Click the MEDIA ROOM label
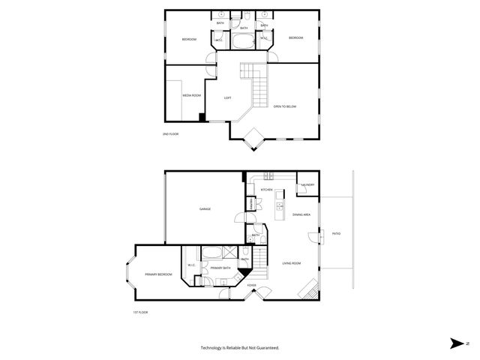point(191,96)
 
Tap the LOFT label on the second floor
point(227,98)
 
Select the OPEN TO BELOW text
point(285,106)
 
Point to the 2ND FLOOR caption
point(170,133)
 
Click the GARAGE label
point(204,208)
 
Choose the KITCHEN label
point(265,190)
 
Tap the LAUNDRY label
point(307,184)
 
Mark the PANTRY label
point(250,205)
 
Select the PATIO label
point(336,234)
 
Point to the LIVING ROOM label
point(291,262)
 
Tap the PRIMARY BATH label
point(220,268)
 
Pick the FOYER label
point(252,285)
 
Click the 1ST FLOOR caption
point(139,311)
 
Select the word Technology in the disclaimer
point(213,347)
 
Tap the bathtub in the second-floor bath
point(244,41)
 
